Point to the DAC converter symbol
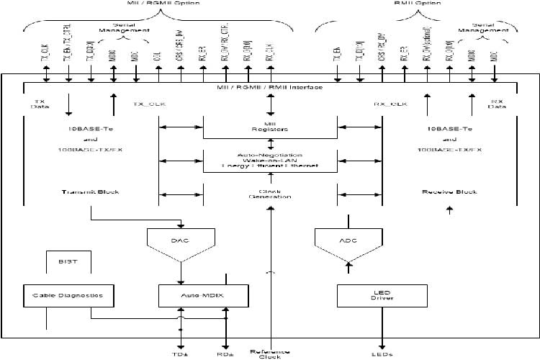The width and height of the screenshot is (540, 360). point(180,240)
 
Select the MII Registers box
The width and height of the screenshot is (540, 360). point(270,127)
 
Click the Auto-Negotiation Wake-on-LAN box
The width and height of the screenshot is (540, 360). point(270,161)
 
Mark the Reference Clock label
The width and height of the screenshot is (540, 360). point(270,354)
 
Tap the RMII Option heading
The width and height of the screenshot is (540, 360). point(415,4)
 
